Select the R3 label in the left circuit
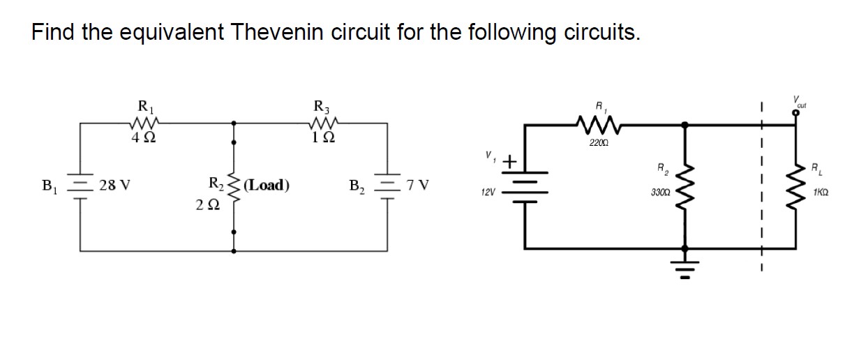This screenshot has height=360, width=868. coord(322,107)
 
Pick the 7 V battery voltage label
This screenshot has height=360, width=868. coord(419,186)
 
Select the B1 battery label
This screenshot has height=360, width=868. coord(50,186)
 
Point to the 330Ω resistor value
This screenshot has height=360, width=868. coord(659,190)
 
